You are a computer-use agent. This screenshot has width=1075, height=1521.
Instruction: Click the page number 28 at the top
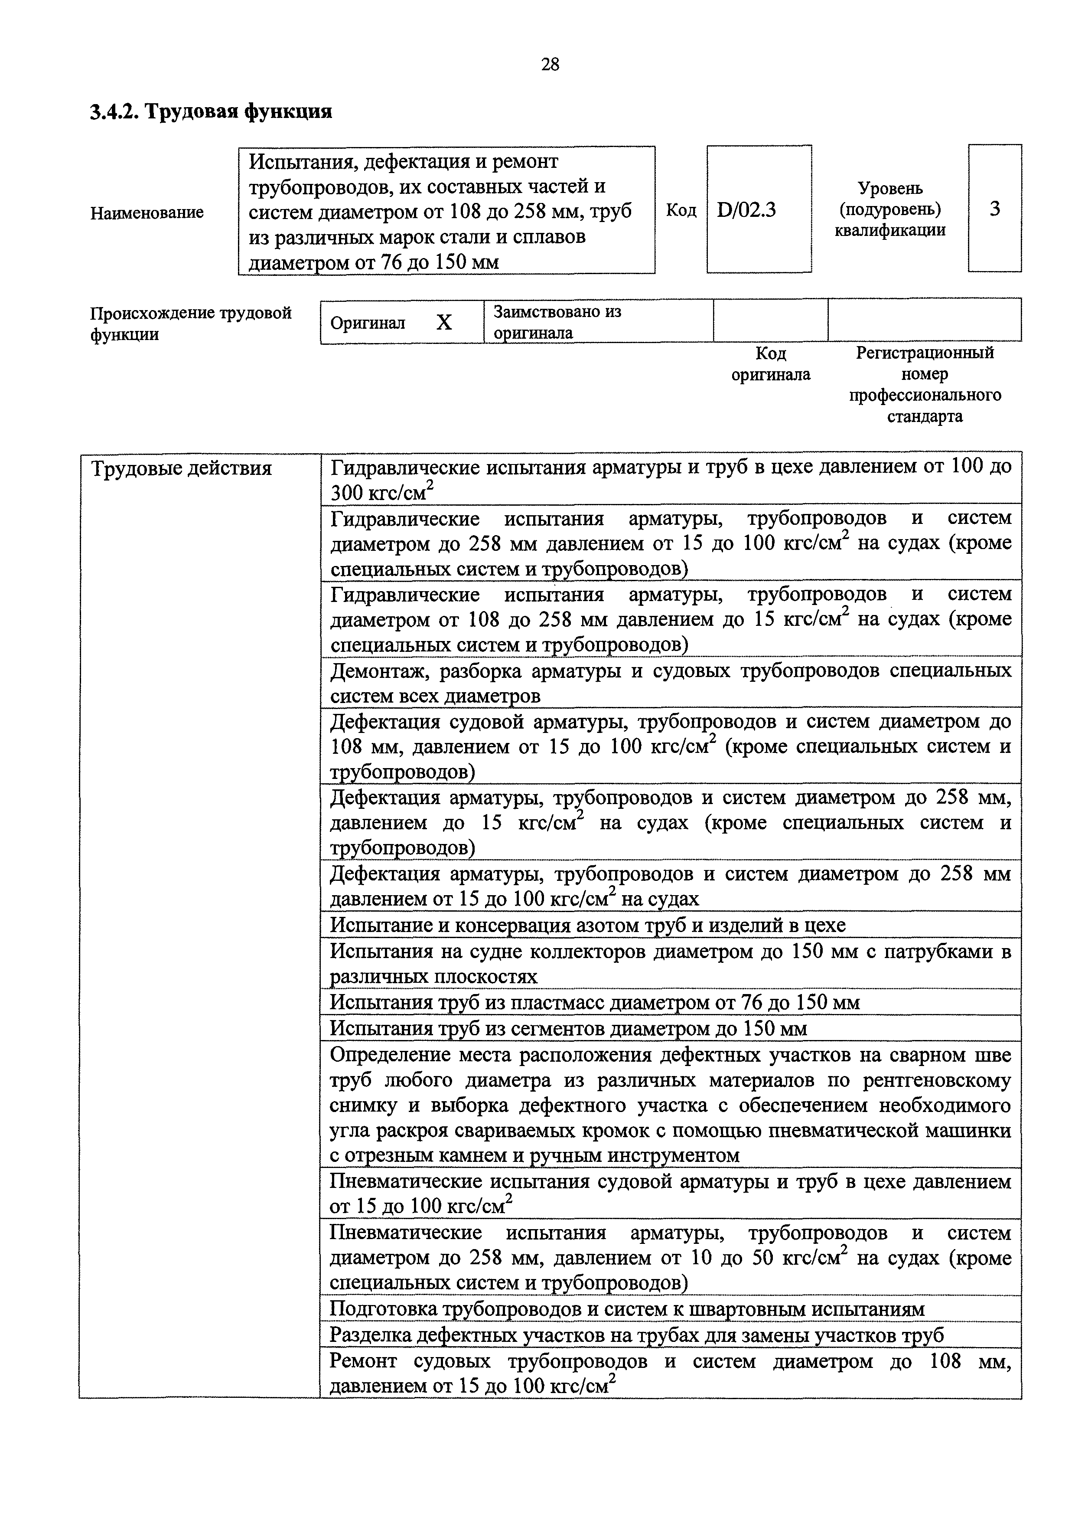[550, 64]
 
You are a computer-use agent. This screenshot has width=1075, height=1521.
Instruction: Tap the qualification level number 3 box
[994, 209]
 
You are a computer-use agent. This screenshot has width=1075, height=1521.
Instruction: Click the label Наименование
[147, 213]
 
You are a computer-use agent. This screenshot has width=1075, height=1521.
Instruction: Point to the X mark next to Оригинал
[444, 323]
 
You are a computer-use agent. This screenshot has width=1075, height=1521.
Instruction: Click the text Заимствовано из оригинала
[557, 322]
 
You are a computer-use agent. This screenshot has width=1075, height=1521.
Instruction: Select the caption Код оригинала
[771, 364]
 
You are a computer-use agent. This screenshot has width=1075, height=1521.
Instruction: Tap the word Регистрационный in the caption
[925, 353]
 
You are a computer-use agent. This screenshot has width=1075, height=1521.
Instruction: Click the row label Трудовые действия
[181, 468]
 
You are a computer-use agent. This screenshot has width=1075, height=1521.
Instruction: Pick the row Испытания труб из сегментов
[568, 1028]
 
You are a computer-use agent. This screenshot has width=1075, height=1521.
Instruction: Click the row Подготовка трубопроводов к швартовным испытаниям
[626, 1309]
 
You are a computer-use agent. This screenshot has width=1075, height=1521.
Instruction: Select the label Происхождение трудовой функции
[191, 323]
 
